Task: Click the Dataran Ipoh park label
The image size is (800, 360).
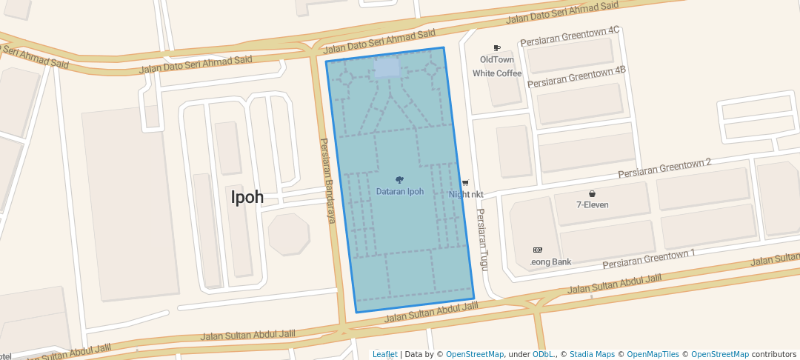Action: click(400, 192)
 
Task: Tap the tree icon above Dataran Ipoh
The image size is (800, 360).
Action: click(400, 180)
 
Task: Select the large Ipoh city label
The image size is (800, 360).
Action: click(247, 198)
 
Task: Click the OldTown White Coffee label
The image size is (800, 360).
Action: click(497, 67)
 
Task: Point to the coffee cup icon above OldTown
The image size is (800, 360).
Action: click(497, 48)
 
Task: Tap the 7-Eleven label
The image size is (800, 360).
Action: click(593, 205)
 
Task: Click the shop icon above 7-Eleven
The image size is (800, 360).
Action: click(593, 194)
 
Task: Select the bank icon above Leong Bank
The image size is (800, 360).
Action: click(538, 250)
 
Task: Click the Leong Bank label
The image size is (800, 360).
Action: click(551, 262)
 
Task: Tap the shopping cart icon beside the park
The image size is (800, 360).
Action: click(465, 183)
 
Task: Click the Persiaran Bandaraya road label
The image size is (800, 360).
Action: click(328, 180)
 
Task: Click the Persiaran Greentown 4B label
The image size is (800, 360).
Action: click(576, 76)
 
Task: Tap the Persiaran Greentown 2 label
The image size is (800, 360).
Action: click(664, 168)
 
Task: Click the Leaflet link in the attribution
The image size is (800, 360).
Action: click(384, 354)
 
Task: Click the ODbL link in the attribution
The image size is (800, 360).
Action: click(544, 354)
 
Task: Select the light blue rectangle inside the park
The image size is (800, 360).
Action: click(387, 67)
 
